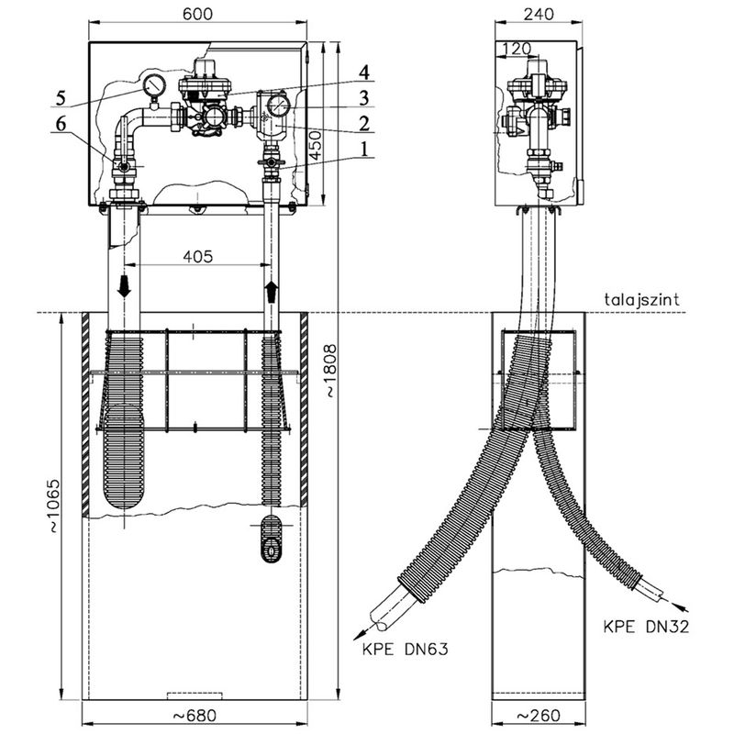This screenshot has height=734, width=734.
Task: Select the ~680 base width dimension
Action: pos(195,715)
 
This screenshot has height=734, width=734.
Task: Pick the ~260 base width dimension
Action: pos(538,715)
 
